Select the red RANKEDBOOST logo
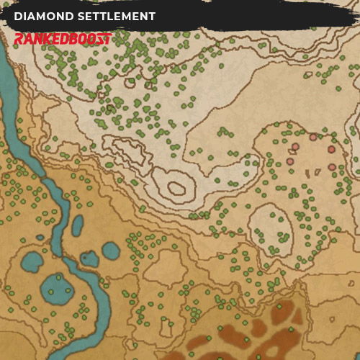click(63, 38)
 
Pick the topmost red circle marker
click(313, 137)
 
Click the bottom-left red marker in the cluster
click(289, 161)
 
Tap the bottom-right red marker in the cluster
click(332, 167)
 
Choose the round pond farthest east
click(110, 251)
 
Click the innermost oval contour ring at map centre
click(176, 189)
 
